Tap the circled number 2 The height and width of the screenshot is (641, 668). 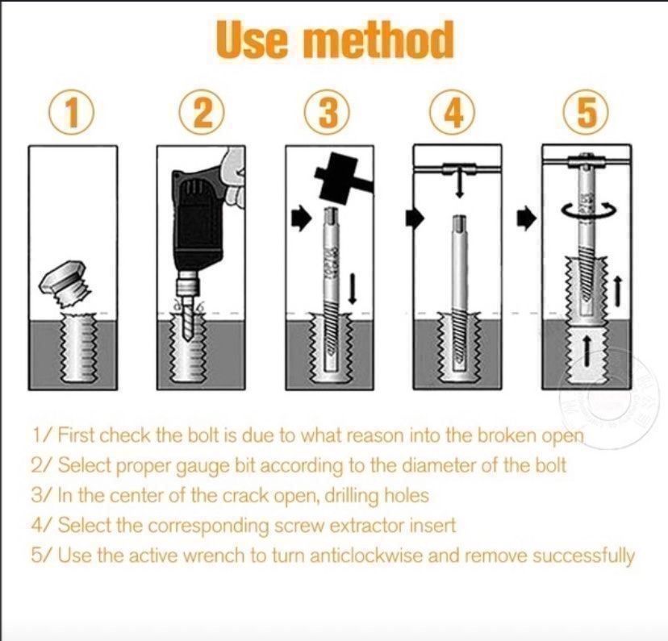point(202,113)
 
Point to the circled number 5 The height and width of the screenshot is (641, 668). point(587,113)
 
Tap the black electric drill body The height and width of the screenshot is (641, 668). point(197,222)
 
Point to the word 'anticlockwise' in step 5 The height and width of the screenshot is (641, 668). point(366,556)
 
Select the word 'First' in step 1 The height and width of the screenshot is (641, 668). point(75,435)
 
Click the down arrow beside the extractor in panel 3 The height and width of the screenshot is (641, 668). point(352,289)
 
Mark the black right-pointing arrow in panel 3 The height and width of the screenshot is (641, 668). point(302,219)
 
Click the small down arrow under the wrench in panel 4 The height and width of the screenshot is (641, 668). point(459,185)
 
